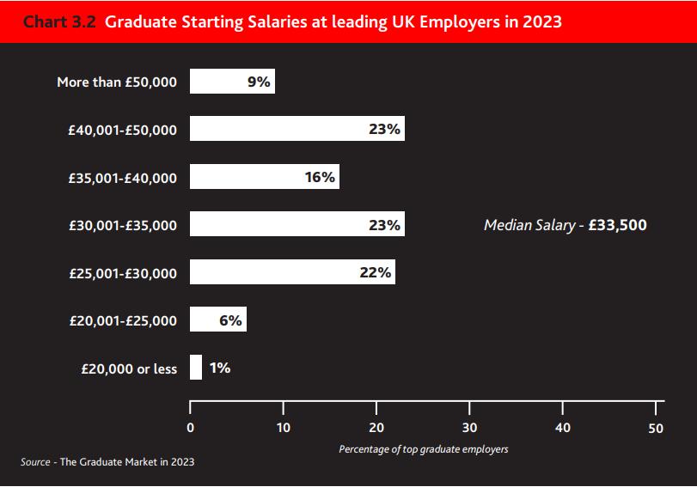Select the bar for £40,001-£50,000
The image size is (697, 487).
(x=275, y=129)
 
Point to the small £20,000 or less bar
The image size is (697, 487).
(x=196, y=368)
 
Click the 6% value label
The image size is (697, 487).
(x=230, y=320)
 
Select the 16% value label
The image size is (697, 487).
(x=319, y=177)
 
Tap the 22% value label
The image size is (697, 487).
(x=376, y=272)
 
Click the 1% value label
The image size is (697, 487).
(x=219, y=368)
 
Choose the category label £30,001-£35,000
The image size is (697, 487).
(x=122, y=226)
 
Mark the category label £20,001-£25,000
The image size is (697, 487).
(x=122, y=321)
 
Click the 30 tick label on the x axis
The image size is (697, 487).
(x=469, y=427)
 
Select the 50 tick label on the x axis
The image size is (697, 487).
(x=656, y=427)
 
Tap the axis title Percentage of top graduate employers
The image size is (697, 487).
(x=423, y=449)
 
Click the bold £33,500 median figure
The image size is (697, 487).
(x=618, y=226)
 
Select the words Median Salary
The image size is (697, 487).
(x=529, y=226)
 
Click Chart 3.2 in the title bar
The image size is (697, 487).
(x=59, y=21)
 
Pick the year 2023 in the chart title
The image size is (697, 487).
(x=541, y=21)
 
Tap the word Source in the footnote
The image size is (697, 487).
(x=35, y=462)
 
